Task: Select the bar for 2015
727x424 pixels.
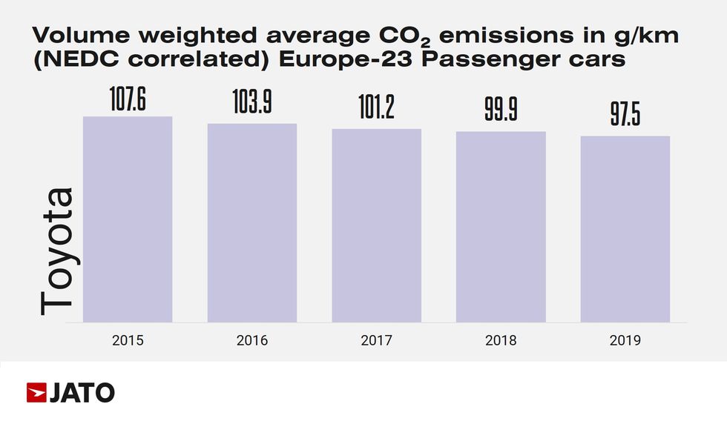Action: click(x=128, y=219)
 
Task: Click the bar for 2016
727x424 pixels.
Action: click(x=252, y=222)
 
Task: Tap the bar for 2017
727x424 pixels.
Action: click(x=376, y=225)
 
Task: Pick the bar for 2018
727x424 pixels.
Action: click(x=501, y=227)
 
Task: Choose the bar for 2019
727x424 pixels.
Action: click(x=625, y=229)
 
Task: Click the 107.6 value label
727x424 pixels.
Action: click(x=128, y=100)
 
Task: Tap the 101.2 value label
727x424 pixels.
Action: click(x=376, y=110)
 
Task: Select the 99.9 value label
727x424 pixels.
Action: click(x=501, y=112)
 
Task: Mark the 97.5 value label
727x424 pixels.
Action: click(x=625, y=117)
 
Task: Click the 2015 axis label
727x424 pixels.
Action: click(x=128, y=341)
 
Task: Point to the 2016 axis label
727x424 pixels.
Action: click(x=252, y=341)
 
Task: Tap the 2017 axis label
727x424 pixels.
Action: click(x=376, y=341)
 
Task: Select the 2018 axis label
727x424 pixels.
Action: click(x=501, y=341)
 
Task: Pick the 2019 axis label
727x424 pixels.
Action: click(x=625, y=341)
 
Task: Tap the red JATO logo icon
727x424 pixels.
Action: click(x=36, y=392)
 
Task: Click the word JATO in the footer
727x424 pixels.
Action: click(x=82, y=392)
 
